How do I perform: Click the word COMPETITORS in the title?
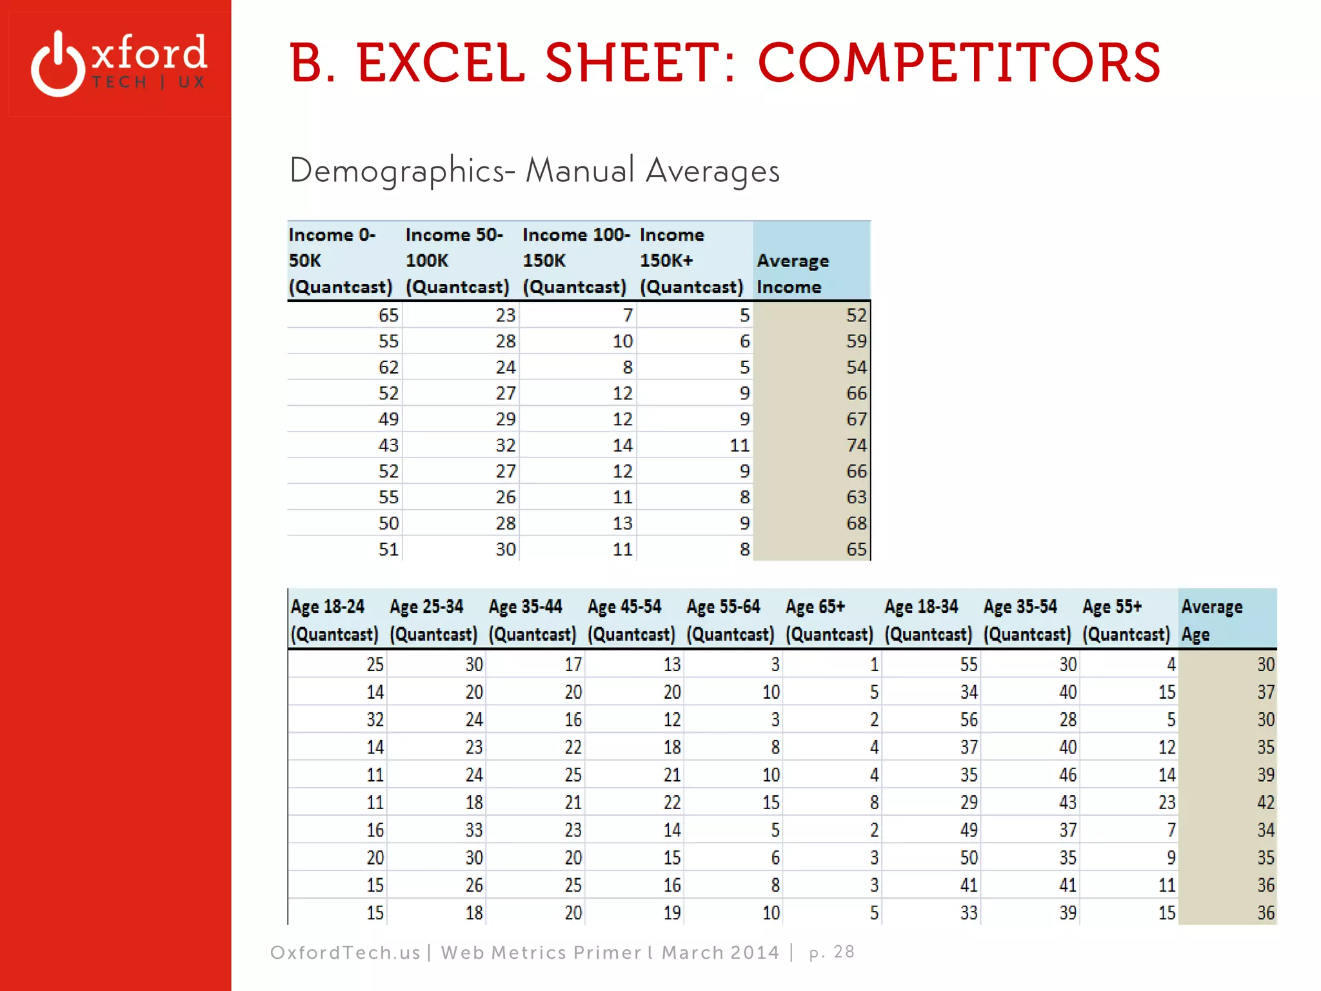958,63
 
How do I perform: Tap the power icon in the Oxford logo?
58,65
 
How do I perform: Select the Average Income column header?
793,274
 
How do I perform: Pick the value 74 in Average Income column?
856,445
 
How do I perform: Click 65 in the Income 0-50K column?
388,315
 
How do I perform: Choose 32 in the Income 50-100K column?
505,445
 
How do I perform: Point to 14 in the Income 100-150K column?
622,445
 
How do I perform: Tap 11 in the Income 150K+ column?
739,445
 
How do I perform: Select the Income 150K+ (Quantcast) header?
691,261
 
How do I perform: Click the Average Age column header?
1211,620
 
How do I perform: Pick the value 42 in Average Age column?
1265,803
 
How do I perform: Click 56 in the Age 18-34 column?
968,720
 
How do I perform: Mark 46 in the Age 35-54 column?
1068,775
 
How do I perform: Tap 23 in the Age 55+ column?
1166,803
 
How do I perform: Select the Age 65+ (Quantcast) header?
829,620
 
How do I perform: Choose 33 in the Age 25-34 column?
474,830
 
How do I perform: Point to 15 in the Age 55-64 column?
771,803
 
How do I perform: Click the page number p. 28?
831,952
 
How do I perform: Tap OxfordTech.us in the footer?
345,952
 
